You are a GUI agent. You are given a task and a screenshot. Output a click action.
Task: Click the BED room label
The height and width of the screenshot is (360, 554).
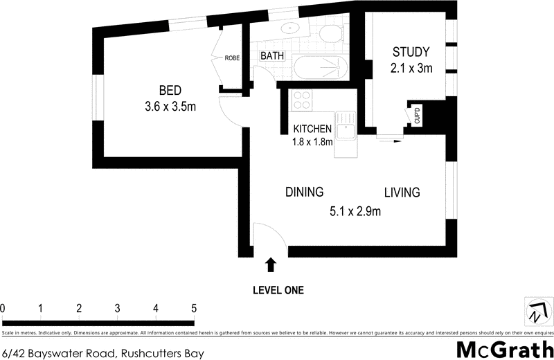(170, 90)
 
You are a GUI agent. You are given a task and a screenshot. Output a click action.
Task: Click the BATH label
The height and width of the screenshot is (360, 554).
(272, 56)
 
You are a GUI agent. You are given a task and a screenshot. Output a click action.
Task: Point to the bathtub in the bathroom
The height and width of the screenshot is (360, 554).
(320, 68)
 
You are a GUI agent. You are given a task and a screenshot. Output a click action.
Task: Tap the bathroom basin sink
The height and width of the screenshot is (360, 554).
(291, 28)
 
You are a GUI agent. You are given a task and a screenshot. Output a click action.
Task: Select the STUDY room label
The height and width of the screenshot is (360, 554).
(411, 52)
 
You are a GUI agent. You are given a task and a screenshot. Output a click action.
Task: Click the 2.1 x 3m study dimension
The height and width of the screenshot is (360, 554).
(411, 68)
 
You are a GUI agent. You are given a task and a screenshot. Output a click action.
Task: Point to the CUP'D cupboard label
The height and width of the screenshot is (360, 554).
(418, 116)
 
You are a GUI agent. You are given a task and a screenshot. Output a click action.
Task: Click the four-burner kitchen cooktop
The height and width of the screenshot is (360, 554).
(302, 102)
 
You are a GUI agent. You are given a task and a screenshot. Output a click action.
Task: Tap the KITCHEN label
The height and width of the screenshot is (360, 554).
(313, 129)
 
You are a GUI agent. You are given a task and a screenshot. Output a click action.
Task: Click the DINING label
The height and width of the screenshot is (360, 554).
(305, 192)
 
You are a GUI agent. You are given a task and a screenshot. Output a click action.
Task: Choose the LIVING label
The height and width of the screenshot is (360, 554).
(402, 192)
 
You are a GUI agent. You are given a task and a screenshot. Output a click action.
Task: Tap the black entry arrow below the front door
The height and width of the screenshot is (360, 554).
(271, 264)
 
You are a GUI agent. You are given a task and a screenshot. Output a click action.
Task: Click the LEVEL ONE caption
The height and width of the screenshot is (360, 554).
(278, 290)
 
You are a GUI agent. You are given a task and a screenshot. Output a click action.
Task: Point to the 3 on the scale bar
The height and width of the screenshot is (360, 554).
(118, 308)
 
